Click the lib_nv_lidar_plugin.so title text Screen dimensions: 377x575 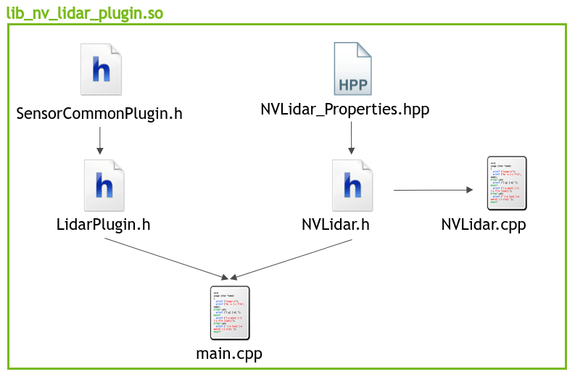(x=84, y=12)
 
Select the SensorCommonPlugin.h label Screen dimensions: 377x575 (x=99, y=113)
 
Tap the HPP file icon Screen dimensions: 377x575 (x=352, y=69)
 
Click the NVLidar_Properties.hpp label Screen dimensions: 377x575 (x=345, y=109)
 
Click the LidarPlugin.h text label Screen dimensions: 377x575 (x=103, y=224)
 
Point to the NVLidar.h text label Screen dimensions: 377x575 (x=336, y=224)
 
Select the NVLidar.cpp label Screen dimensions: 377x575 (x=483, y=225)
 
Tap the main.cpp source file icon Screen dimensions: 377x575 (x=230, y=312)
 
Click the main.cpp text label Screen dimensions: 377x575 (x=229, y=355)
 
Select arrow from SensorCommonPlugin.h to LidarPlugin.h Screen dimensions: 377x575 (x=100, y=139)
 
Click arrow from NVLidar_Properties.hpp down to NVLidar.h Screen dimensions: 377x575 (x=352, y=137)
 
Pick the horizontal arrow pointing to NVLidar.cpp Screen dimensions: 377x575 (x=432, y=190)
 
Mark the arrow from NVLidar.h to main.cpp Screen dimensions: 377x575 (x=291, y=259)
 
